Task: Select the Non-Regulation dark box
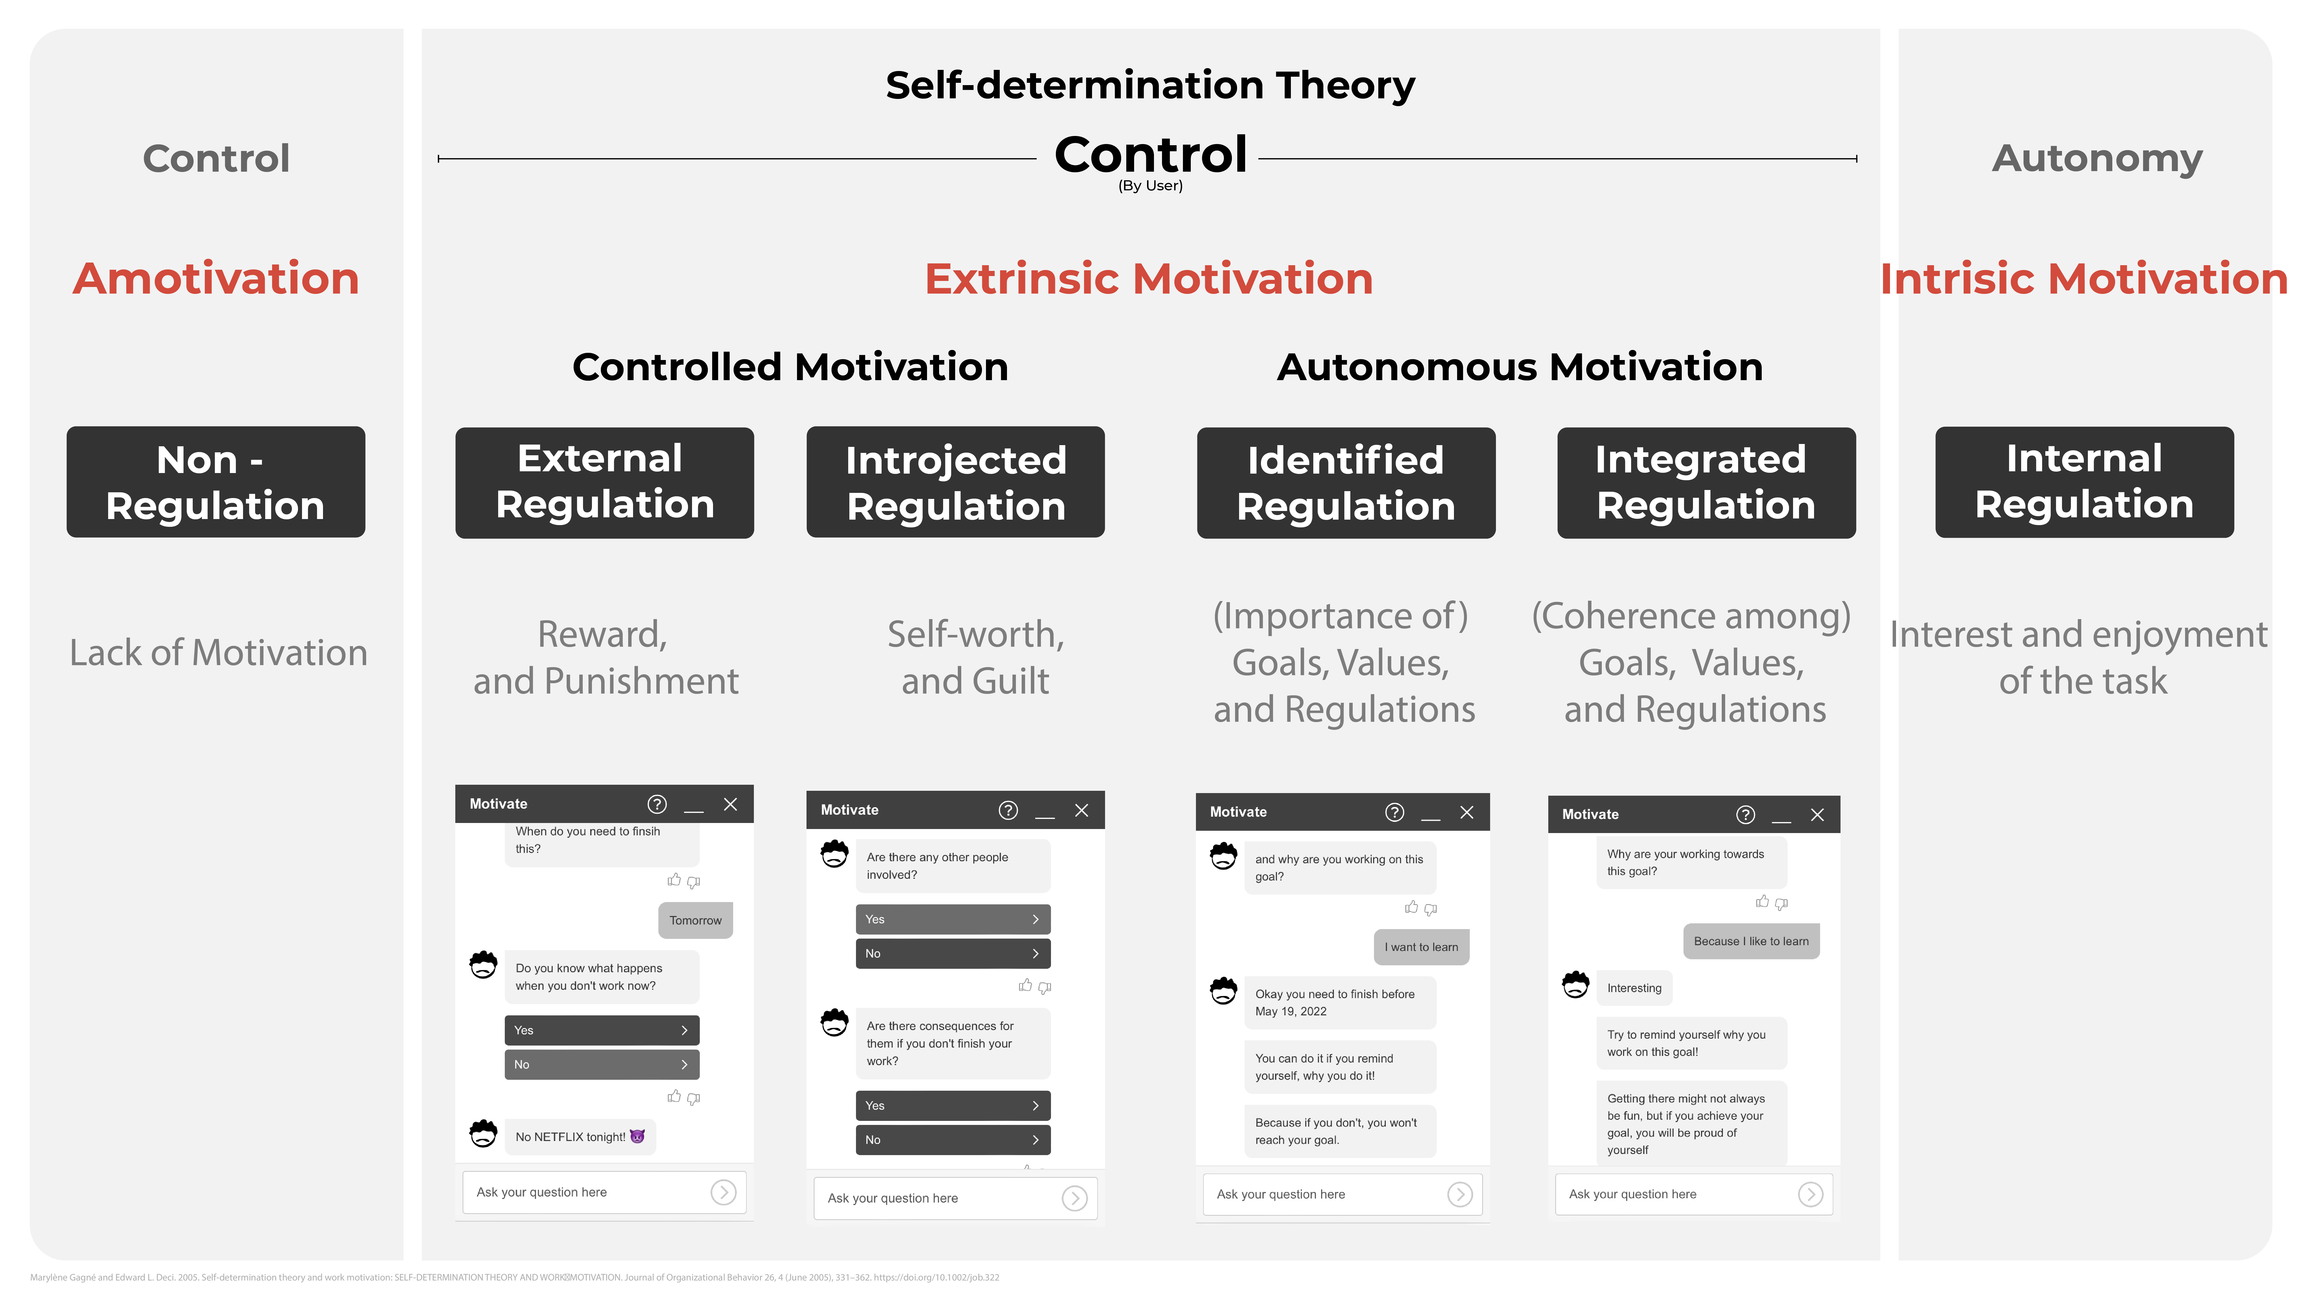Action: pos(215,482)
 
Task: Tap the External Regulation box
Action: pos(605,482)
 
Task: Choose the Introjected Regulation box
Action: pos(956,482)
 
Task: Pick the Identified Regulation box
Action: pos(1346,482)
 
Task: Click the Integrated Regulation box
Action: pos(1706,482)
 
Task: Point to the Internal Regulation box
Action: pos(2084,482)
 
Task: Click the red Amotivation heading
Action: pos(216,279)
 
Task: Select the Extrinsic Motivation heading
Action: pos(1149,279)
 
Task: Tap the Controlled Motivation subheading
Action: pos(790,367)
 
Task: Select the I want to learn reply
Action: pos(1421,947)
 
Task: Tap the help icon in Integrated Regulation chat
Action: pos(1745,814)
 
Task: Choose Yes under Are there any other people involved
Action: pos(953,919)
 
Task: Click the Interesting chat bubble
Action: pos(1634,988)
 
